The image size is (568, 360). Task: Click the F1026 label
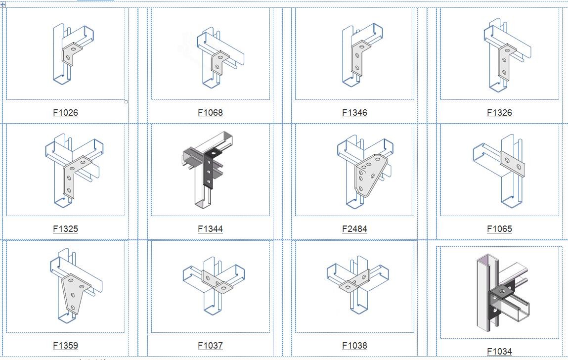(66, 113)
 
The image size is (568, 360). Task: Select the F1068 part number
(210, 113)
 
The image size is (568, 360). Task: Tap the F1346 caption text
(354, 113)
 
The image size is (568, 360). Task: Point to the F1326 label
(500, 113)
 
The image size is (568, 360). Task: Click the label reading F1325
(66, 229)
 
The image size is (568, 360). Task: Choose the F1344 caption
(210, 229)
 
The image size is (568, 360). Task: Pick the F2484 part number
(354, 229)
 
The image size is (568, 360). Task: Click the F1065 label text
(500, 229)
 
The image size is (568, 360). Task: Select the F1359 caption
(66, 346)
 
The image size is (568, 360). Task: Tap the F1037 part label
(210, 346)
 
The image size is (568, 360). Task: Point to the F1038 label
(354, 346)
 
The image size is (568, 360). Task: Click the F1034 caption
(500, 351)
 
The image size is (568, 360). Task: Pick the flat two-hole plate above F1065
(512, 164)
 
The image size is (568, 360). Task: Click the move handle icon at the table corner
(3, 5)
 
